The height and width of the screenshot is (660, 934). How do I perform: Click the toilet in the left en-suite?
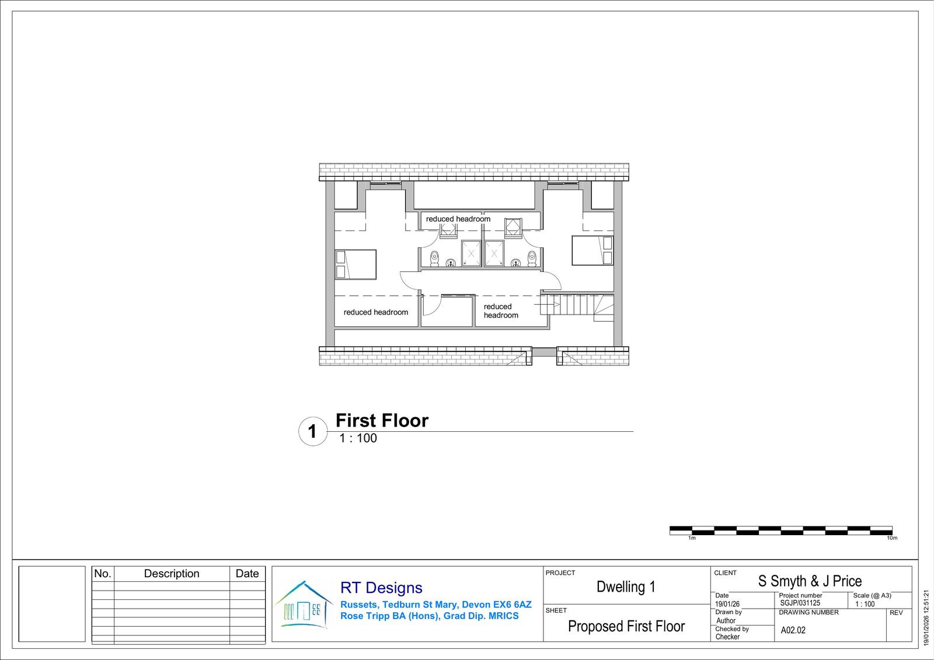[x=434, y=259]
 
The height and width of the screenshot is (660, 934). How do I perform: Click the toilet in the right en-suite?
[x=532, y=259]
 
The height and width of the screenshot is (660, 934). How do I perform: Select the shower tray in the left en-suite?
[x=471, y=253]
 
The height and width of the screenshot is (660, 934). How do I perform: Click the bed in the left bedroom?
[x=356, y=264]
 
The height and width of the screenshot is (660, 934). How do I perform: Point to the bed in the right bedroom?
[x=593, y=250]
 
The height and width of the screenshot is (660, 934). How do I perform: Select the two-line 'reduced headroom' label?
[x=501, y=310]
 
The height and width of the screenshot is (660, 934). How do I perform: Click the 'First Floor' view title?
[x=382, y=420]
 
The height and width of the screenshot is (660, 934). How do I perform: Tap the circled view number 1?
[x=313, y=431]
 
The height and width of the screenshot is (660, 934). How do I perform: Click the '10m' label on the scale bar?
[x=892, y=538]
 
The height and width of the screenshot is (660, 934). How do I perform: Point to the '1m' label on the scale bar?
[x=692, y=538]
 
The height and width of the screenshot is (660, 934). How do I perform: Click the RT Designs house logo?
[x=304, y=604]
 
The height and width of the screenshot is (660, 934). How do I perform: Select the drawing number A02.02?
[x=793, y=630]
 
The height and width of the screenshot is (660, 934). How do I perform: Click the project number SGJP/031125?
[x=800, y=603]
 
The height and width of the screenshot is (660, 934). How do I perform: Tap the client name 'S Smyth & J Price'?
[x=810, y=581]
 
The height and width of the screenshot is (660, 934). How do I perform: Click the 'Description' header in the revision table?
[x=172, y=573]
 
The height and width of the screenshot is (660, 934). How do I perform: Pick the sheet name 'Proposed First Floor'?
[x=626, y=626]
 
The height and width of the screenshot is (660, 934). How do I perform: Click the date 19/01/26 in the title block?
[x=727, y=604]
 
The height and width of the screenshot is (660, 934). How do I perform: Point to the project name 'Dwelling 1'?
[x=626, y=586]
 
